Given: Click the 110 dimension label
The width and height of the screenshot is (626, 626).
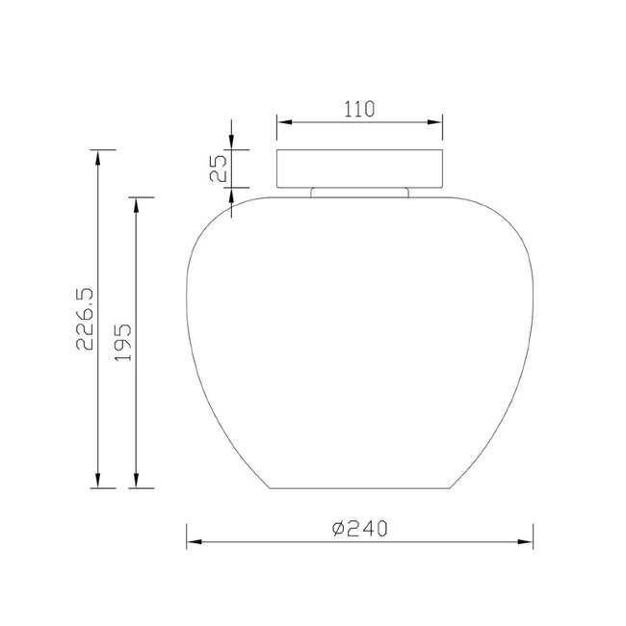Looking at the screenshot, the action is click(359, 109).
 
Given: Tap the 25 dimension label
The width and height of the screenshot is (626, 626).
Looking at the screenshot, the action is click(219, 169).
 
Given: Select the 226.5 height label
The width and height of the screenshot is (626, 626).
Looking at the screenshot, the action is click(85, 319).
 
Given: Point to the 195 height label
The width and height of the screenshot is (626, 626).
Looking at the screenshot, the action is click(123, 342).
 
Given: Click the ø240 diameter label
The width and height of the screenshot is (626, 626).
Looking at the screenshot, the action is click(360, 529).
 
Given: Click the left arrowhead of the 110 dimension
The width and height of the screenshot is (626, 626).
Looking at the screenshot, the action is click(284, 121).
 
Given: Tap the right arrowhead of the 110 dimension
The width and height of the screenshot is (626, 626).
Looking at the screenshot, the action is click(434, 121).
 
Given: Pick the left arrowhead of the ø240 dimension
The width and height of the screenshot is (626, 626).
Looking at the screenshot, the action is click(194, 542).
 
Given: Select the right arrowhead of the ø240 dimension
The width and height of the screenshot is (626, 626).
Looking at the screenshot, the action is click(526, 542).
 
